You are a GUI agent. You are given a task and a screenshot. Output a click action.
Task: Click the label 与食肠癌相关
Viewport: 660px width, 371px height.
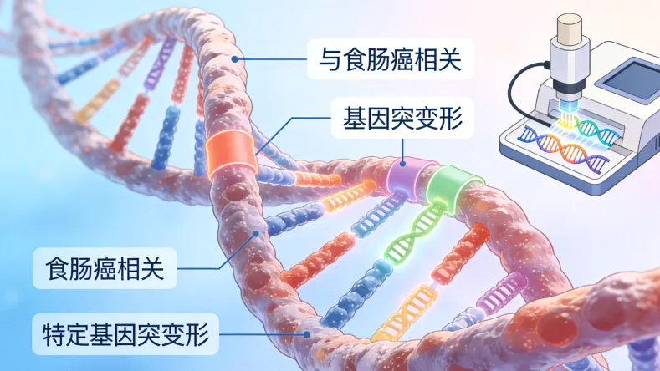point(390,59)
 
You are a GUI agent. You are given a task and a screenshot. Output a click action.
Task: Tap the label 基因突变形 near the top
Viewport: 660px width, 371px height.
point(403,118)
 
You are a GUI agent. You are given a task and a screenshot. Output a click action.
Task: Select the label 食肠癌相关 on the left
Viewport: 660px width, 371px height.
point(105,268)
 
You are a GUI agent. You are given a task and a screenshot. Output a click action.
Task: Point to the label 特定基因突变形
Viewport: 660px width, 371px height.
point(125,334)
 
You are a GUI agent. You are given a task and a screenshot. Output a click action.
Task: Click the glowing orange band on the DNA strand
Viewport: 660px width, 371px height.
point(231,154)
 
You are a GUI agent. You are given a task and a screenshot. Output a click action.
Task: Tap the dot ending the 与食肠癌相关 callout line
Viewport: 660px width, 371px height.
point(235,59)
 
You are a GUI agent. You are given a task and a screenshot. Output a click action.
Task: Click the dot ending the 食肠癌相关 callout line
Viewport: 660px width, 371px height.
point(255,233)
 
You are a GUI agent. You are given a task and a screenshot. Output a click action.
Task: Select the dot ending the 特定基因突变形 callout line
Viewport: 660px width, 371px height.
point(307,335)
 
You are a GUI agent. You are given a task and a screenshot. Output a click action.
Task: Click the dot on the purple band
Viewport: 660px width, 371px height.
point(402,163)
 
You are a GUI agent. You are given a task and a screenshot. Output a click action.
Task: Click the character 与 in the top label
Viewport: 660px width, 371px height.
point(330,59)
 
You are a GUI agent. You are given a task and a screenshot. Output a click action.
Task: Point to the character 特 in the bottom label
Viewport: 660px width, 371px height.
point(53,334)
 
